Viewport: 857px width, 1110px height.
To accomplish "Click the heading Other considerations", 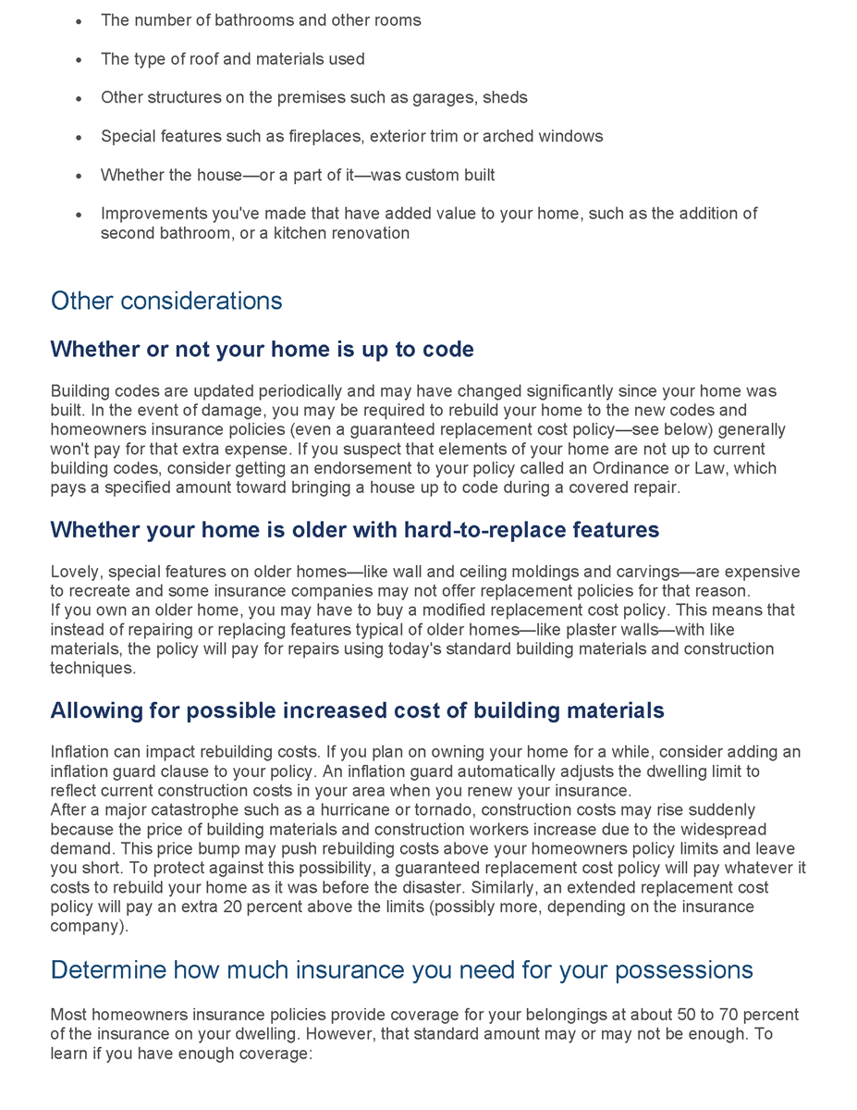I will [166, 301].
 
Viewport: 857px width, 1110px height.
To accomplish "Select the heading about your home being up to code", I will [262, 350].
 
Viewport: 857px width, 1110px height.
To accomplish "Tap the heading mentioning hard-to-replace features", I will [354, 530].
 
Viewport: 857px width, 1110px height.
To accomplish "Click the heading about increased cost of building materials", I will [357, 710].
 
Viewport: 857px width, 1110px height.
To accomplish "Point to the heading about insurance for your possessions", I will [401, 969].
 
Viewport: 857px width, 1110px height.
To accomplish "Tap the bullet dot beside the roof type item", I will [79, 60].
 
